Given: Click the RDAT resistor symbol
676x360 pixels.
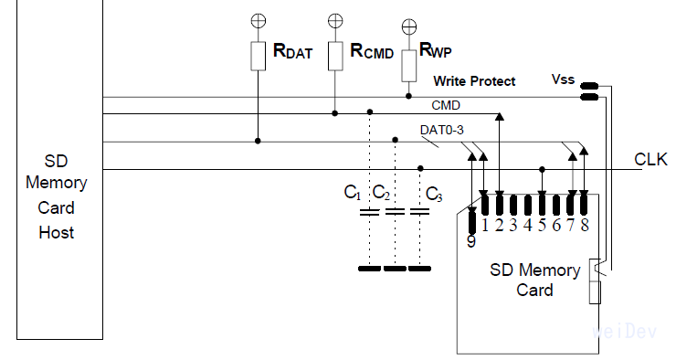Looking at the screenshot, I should pos(258,56).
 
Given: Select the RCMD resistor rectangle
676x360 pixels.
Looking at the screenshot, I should pos(335,55).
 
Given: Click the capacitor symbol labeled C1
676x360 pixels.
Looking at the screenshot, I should pos(369,212).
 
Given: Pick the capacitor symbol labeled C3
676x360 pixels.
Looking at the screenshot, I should pos(419,212).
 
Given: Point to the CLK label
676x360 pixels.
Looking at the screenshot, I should pos(652,160).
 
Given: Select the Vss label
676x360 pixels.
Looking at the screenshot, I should pos(564,79).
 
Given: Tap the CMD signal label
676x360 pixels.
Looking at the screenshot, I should pos(445,105).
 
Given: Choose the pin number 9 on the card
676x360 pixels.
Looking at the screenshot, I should pos(470,242).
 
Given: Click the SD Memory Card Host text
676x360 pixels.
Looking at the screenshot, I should pos(56,195).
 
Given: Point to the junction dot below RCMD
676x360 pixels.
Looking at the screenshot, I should pos(335,114).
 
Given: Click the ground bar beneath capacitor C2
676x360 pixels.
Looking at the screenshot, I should pos(395,270).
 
